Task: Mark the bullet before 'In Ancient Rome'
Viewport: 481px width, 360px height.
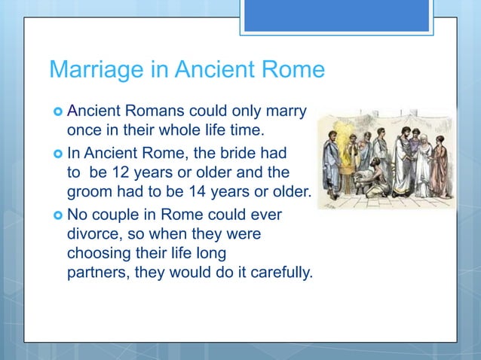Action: [57, 152]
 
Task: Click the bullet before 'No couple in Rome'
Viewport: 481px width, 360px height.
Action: [57, 215]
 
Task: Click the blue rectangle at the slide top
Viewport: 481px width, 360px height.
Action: [336, 16]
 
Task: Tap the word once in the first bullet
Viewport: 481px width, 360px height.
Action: [86, 130]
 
